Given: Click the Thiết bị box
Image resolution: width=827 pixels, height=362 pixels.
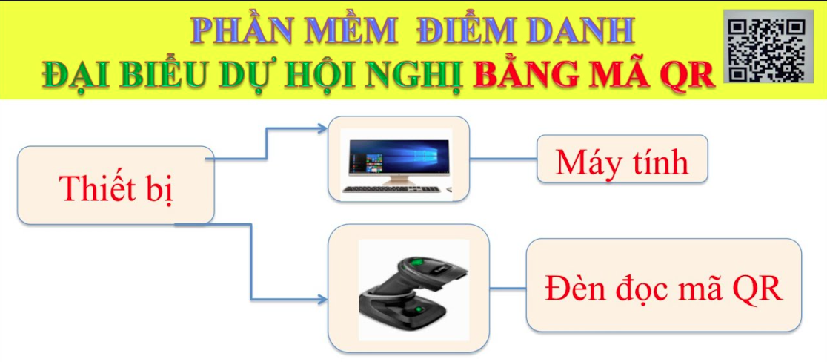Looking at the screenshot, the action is (x=116, y=185).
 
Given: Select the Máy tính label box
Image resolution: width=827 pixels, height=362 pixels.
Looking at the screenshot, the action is (x=622, y=159).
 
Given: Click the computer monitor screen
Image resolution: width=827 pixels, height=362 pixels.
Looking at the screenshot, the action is (x=396, y=157).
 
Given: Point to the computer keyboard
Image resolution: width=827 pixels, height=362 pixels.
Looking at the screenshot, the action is (x=391, y=189).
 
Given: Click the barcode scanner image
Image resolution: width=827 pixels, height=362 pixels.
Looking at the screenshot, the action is (x=414, y=289).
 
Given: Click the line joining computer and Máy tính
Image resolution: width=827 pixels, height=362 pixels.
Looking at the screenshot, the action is (x=503, y=158).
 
